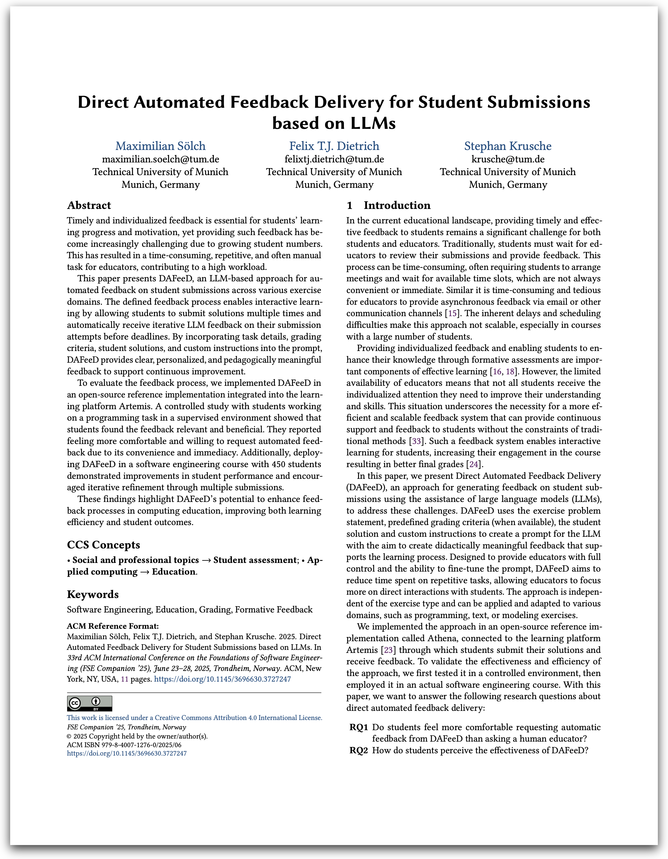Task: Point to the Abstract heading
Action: [x=89, y=205]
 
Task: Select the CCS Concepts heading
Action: [x=103, y=545]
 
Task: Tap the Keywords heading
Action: [x=93, y=594]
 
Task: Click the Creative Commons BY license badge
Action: [x=90, y=703]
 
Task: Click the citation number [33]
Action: [x=416, y=441]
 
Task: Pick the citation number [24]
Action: [x=474, y=464]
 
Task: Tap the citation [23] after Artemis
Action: [x=388, y=650]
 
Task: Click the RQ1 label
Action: [x=358, y=727]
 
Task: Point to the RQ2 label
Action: [x=358, y=750]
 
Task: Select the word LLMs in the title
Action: [x=367, y=123]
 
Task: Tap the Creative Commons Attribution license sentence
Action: [x=194, y=718]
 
